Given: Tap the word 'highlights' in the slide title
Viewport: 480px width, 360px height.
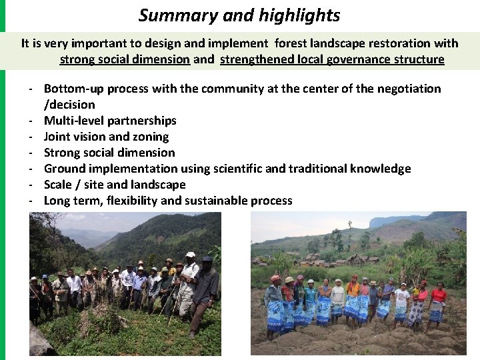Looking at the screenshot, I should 299,15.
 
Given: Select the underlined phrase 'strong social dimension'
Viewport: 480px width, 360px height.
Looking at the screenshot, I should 125,59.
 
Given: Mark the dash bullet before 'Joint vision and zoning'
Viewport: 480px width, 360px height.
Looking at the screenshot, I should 31,137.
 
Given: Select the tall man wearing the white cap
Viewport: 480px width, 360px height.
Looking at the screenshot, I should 189,280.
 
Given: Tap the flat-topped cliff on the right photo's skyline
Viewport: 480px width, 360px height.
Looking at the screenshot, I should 393,219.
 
